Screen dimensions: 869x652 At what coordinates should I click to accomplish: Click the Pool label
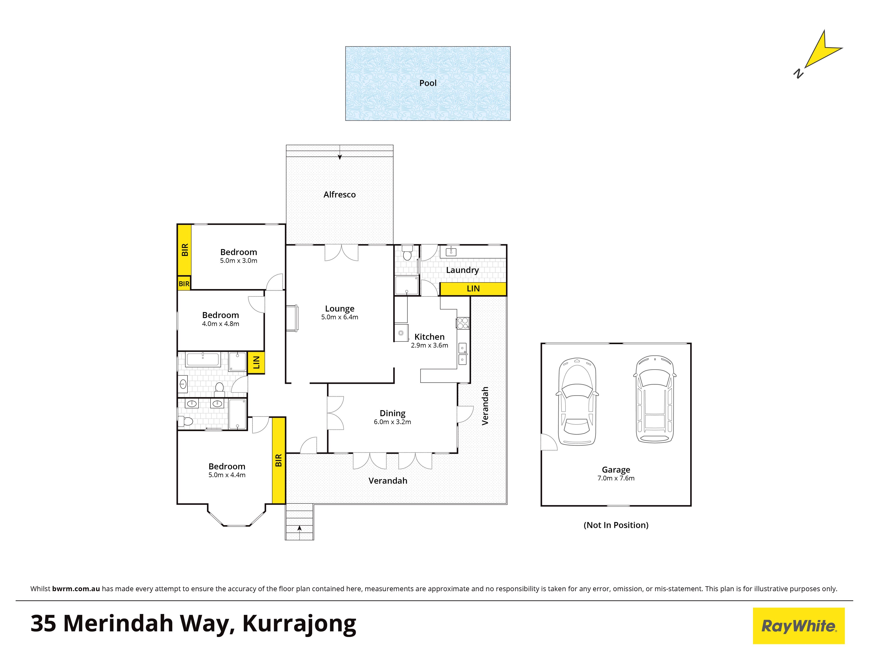point(428,83)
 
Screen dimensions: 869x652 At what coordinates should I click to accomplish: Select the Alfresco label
point(339,195)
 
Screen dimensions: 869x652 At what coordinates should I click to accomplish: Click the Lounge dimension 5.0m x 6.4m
point(339,317)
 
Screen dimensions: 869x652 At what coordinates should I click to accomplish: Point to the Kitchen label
point(429,337)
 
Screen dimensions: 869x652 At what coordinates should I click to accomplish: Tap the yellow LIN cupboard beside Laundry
point(473,289)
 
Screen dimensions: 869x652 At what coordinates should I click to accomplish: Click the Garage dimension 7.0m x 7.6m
point(616,478)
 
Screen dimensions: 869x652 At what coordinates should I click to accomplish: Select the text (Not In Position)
point(616,525)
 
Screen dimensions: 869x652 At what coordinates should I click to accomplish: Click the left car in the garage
point(577,401)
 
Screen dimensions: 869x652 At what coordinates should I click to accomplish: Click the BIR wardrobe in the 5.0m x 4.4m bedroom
point(279,460)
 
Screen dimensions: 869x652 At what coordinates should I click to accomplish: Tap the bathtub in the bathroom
point(203,360)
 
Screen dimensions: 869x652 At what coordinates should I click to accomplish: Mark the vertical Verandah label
point(485,406)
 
